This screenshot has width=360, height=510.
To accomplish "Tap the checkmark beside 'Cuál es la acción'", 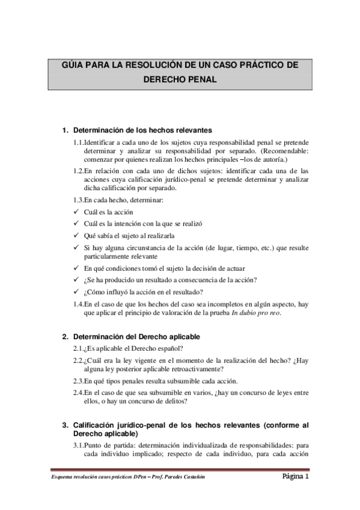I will pyautogui.click(x=75, y=212).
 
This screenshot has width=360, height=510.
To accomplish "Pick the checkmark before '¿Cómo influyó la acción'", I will pyautogui.click(x=75, y=292).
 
